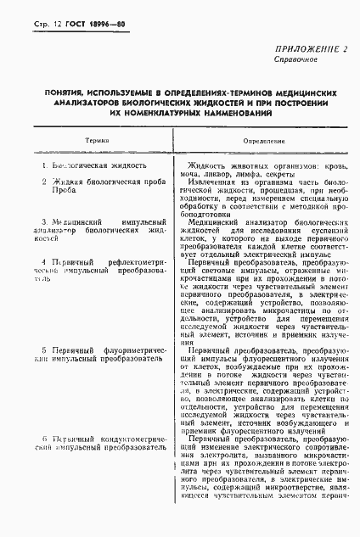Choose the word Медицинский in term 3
point(77,221)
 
